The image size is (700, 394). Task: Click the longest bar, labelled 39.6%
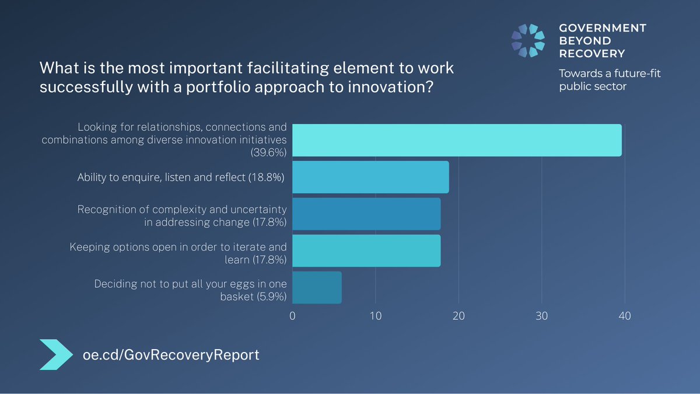point(457,140)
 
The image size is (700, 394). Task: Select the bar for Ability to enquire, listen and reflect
point(370,177)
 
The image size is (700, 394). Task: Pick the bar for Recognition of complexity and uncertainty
point(366,214)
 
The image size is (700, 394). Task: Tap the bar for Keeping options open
point(366,250)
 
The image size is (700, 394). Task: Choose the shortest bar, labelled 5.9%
point(317,287)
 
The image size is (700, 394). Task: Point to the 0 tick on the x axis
point(292,316)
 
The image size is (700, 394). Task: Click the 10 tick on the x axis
point(375,316)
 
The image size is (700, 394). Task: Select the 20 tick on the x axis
point(459,316)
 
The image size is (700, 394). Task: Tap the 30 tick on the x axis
point(542,316)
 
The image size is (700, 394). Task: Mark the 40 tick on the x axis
point(625,316)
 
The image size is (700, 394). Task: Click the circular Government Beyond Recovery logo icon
point(528,41)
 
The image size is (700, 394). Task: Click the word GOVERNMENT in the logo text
point(603,28)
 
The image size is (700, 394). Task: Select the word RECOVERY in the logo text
point(591,54)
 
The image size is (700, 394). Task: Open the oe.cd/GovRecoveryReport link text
point(170,354)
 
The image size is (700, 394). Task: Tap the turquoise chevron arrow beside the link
point(57,354)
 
